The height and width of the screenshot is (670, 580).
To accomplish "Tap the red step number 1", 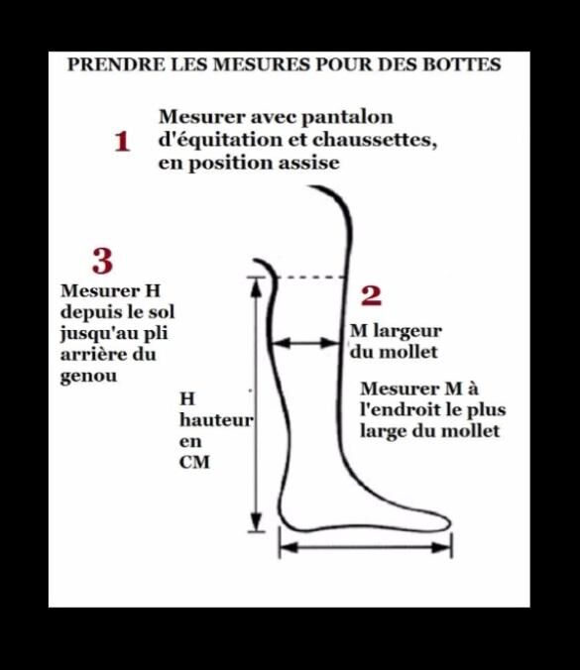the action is coord(122,142).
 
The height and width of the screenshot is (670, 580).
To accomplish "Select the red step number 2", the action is coord(371,295).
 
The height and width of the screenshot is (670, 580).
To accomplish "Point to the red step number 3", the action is coord(102,261).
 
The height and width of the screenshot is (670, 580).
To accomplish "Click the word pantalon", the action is coord(347,117).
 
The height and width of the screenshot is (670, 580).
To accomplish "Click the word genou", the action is coord(88,377).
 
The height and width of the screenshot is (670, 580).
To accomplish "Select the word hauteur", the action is coord(216,419).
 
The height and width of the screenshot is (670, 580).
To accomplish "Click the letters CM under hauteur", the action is coord(194,462).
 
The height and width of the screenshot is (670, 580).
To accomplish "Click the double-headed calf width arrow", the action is coord(306,342).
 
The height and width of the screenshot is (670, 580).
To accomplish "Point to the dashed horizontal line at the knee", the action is coord(310,278).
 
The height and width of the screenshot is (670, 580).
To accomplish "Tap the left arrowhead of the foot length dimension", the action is coord(289,547).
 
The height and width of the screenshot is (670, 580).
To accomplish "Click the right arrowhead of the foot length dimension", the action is coord(442,547).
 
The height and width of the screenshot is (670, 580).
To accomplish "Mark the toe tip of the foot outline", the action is coord(450,522).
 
